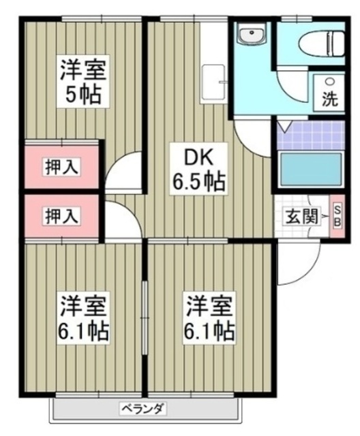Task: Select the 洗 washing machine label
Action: [x=329, y=99]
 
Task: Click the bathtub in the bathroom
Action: [x=311, y=169]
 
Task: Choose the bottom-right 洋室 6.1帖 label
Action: [x=207, y=318]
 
